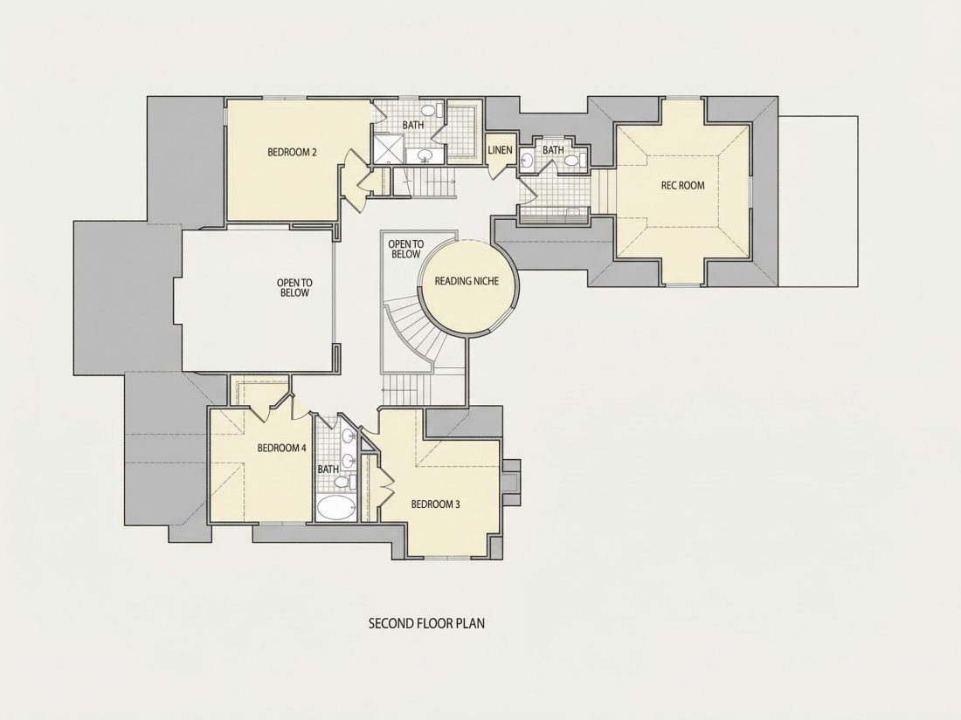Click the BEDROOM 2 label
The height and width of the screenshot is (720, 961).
point(292,153)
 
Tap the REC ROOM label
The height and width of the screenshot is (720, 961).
point(683,186)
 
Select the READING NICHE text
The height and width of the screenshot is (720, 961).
point(467,281)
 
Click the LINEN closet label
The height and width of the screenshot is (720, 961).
point(500,150)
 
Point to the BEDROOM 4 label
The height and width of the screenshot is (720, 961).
point(281,448)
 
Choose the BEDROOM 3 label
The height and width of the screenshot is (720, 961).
point(435,504)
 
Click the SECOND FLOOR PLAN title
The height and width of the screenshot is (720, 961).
point(426,623)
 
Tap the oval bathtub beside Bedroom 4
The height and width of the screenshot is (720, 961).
point(335,508)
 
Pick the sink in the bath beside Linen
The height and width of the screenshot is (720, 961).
point(527,161)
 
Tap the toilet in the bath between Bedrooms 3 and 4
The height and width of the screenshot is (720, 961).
point(343,483)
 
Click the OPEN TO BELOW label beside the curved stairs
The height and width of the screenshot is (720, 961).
point(405,250)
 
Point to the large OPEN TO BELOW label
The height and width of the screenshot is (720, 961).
point(294,288)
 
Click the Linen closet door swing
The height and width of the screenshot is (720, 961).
point(499,171)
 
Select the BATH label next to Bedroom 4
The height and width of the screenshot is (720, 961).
point(328,470)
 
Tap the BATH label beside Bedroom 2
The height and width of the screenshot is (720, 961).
point(413,125)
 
